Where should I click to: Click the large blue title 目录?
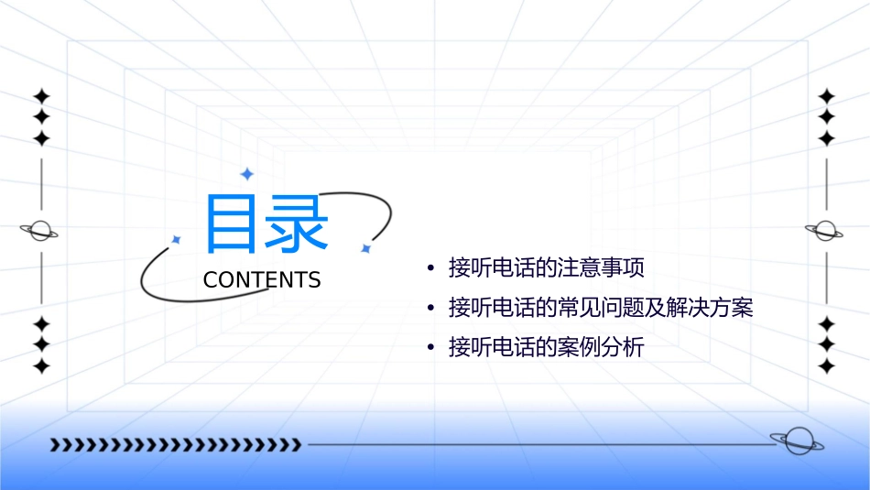(x=266, y=224)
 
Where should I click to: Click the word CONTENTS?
(x=262, y=280)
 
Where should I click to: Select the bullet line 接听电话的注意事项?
(x=547, y=268)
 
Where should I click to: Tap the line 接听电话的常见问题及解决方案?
(x=601, y=308)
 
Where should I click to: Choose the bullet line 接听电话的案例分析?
(x=547, y=347)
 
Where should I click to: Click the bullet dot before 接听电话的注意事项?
(x=430, y=269)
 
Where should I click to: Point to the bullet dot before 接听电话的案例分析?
(x=430, y=348)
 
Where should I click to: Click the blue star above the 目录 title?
(x=246, y=174)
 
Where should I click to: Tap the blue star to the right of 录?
(x=365, y=248)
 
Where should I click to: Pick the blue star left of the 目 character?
(x=176, y=240)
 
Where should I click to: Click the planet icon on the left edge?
(x=40, y=231)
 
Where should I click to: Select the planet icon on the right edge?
(x=825, y=230)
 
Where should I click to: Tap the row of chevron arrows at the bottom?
(x=175, y=445)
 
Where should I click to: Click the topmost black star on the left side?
(x=41, y=96)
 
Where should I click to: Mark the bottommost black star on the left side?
(x=41, y=365)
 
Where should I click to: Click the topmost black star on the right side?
(x=827, y=96)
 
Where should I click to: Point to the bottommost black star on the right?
(x=827, y=365)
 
